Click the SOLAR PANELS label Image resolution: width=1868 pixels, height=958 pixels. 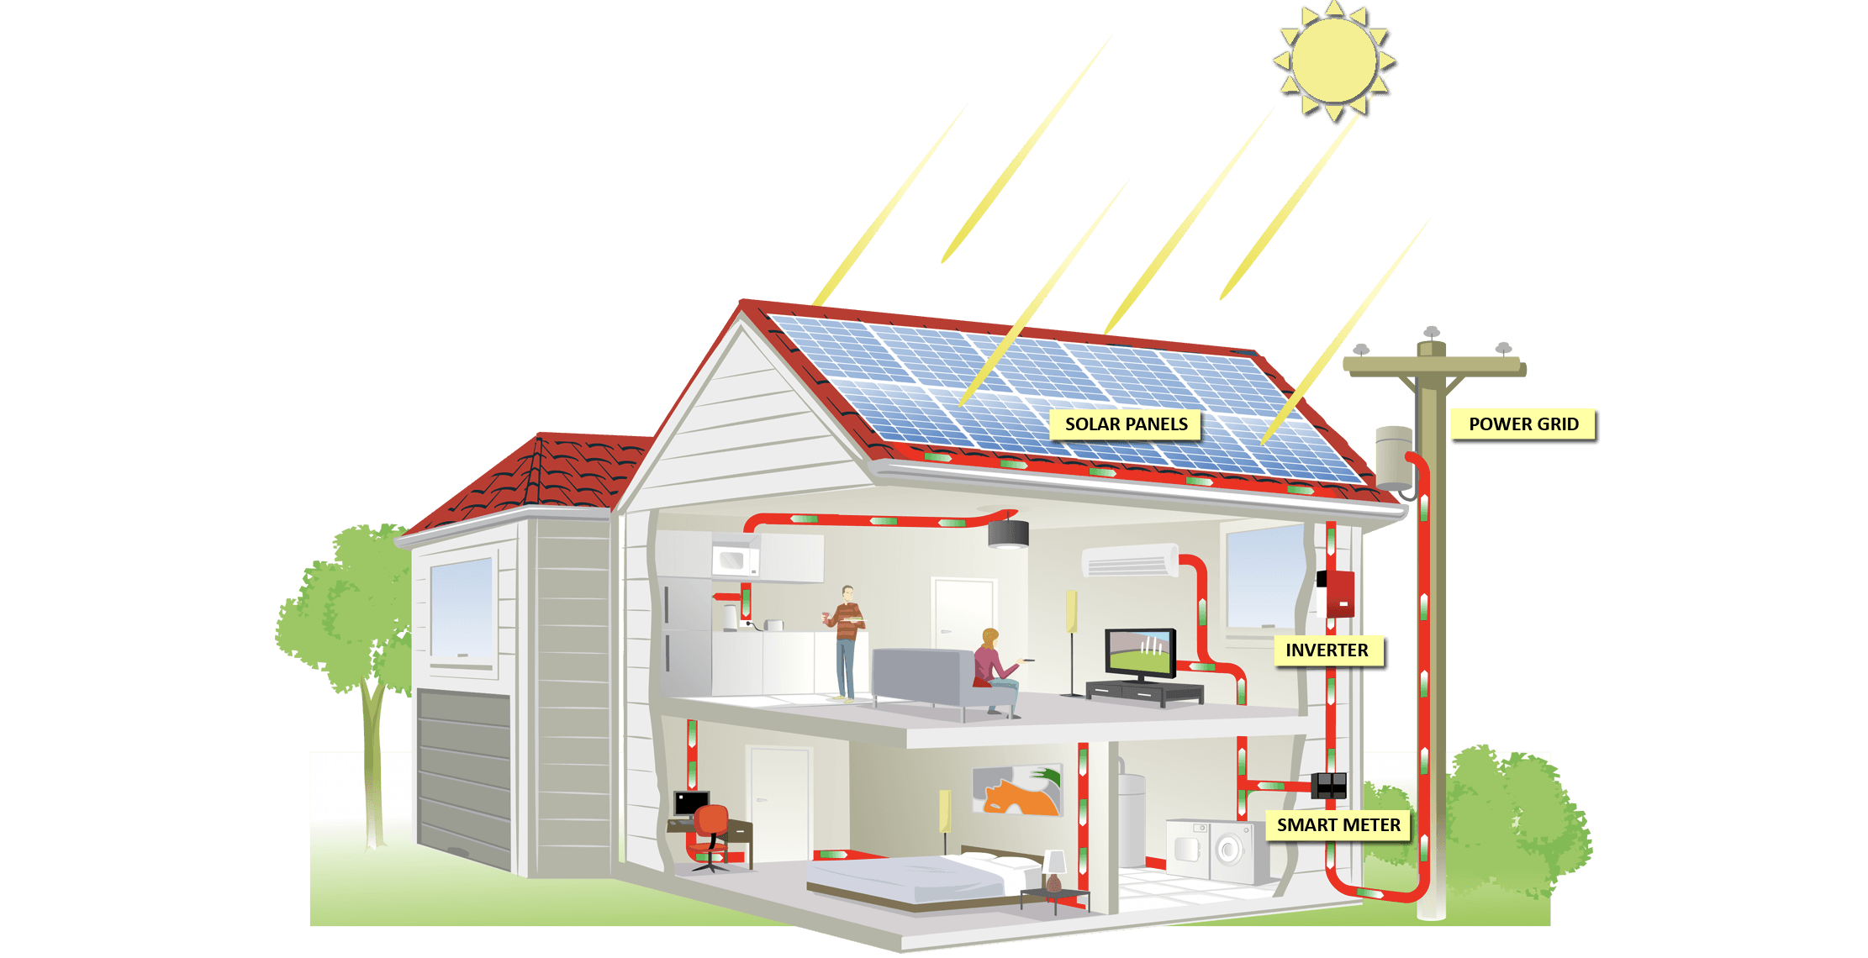[x=1126, y=424]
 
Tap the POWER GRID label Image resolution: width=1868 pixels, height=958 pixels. [x=1523, y=424]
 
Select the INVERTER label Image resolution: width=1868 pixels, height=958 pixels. [x=1327, y=650]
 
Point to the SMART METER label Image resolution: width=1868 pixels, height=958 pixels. [x=1338, y=825]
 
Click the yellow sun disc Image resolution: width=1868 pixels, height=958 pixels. [x=1333, y=61]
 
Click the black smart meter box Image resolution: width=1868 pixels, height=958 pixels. [x=1329, y=785]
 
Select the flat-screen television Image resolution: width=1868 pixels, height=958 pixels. [x=1140, y=654]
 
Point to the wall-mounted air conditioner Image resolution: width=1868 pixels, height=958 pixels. [x=1130, y=561]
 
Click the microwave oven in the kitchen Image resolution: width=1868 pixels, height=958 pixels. [x=736, y=561]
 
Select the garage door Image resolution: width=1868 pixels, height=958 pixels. [x=464, y=778]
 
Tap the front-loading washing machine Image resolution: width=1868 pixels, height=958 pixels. [x=1230, y=850]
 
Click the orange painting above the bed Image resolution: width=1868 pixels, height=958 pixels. [x=1017, y=790]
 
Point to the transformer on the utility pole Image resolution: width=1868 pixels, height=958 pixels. [x=1394, y=458]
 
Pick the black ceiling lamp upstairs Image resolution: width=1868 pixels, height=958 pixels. [x=1008, y=534]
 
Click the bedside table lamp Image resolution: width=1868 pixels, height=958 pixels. [x=1053, y=871]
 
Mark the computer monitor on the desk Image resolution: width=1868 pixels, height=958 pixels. [x=691, y=804]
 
